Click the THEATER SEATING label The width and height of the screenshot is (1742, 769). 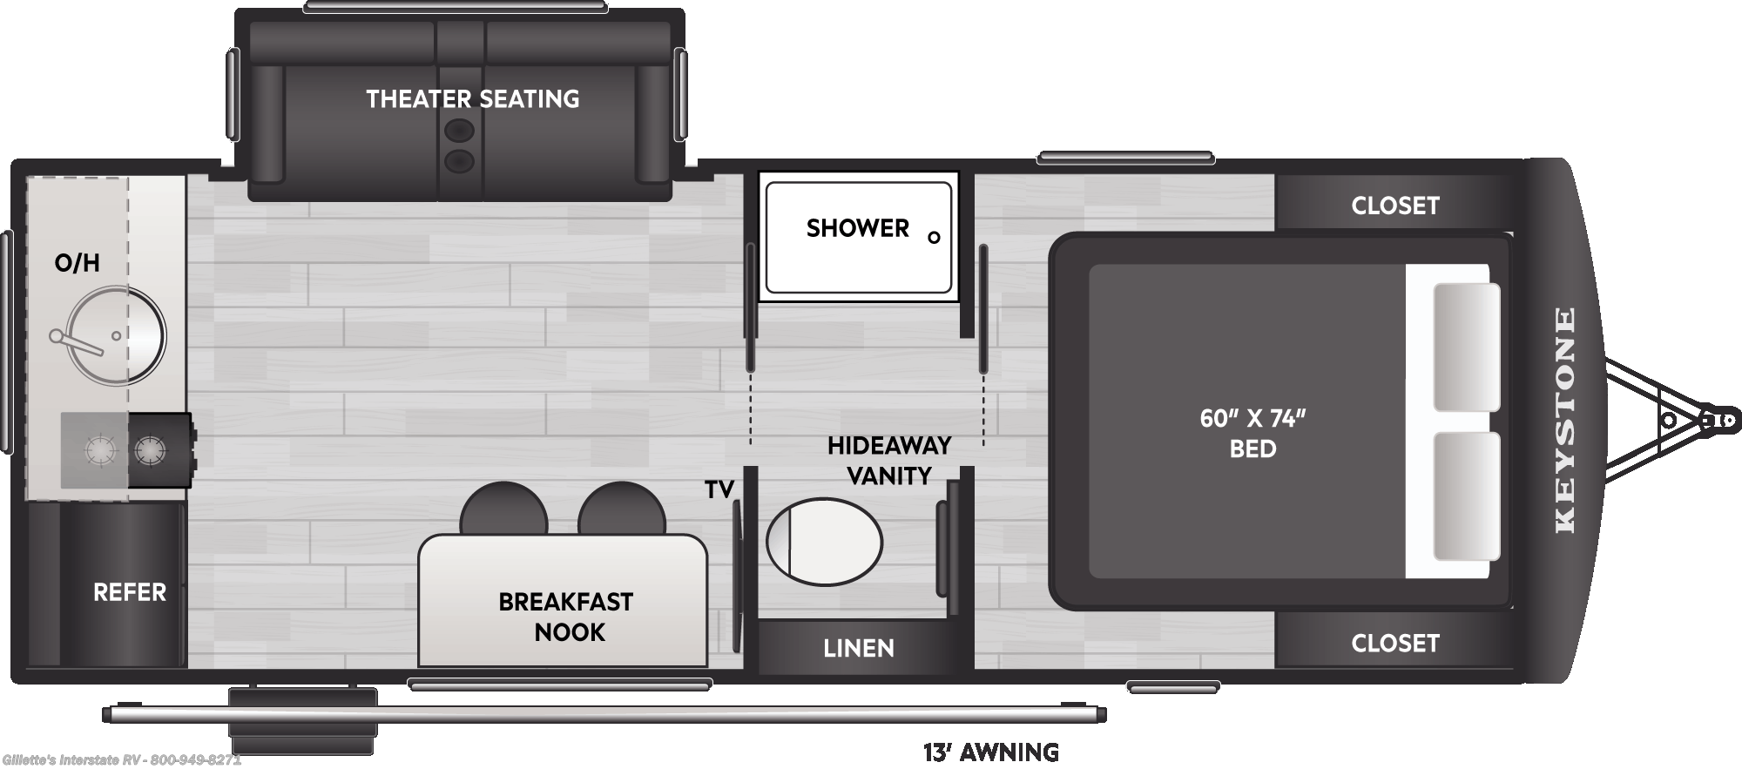pyautogui.click(x=472, y=99)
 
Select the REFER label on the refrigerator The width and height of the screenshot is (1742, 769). pyautogui.click(x=129, y=592)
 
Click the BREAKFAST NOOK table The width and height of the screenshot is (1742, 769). pyautogui.click(x=563, y=601)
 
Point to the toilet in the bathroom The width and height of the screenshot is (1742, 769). pyautogui.click(x=824, y=542)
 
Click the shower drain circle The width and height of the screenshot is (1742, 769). pyautogui.click(x=934, y=237)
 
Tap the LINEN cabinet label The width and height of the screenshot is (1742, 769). pyautogui.click(x=859, y=648)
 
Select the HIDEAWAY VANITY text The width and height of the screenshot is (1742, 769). pyautogui.click(x=889, y=461)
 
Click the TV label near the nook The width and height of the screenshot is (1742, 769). pyautogui.click(x=719, y=490)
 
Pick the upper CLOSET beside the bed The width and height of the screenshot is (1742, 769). pyautogui.click(x=1394, y=205)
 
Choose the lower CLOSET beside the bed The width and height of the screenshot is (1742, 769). pyautogui.click(x=1394, y=643)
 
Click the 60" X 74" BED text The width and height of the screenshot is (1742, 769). pyautogui.click(x=1252, y=433)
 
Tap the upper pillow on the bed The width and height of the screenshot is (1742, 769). pyautogui.click(x=1467, y=347)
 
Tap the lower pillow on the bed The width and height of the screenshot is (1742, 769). pyautogui.click(x=1467, y=496)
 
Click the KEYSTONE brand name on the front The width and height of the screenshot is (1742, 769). pyautogui.click(x=1565, y=420)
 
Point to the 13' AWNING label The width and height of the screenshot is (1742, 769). pyautogui.click(x=991, y=752)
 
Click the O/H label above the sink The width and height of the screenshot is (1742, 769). pyautogui.click(x=77, y=263)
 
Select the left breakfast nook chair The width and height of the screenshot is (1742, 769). pyautogui.click(x=503, y=509)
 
